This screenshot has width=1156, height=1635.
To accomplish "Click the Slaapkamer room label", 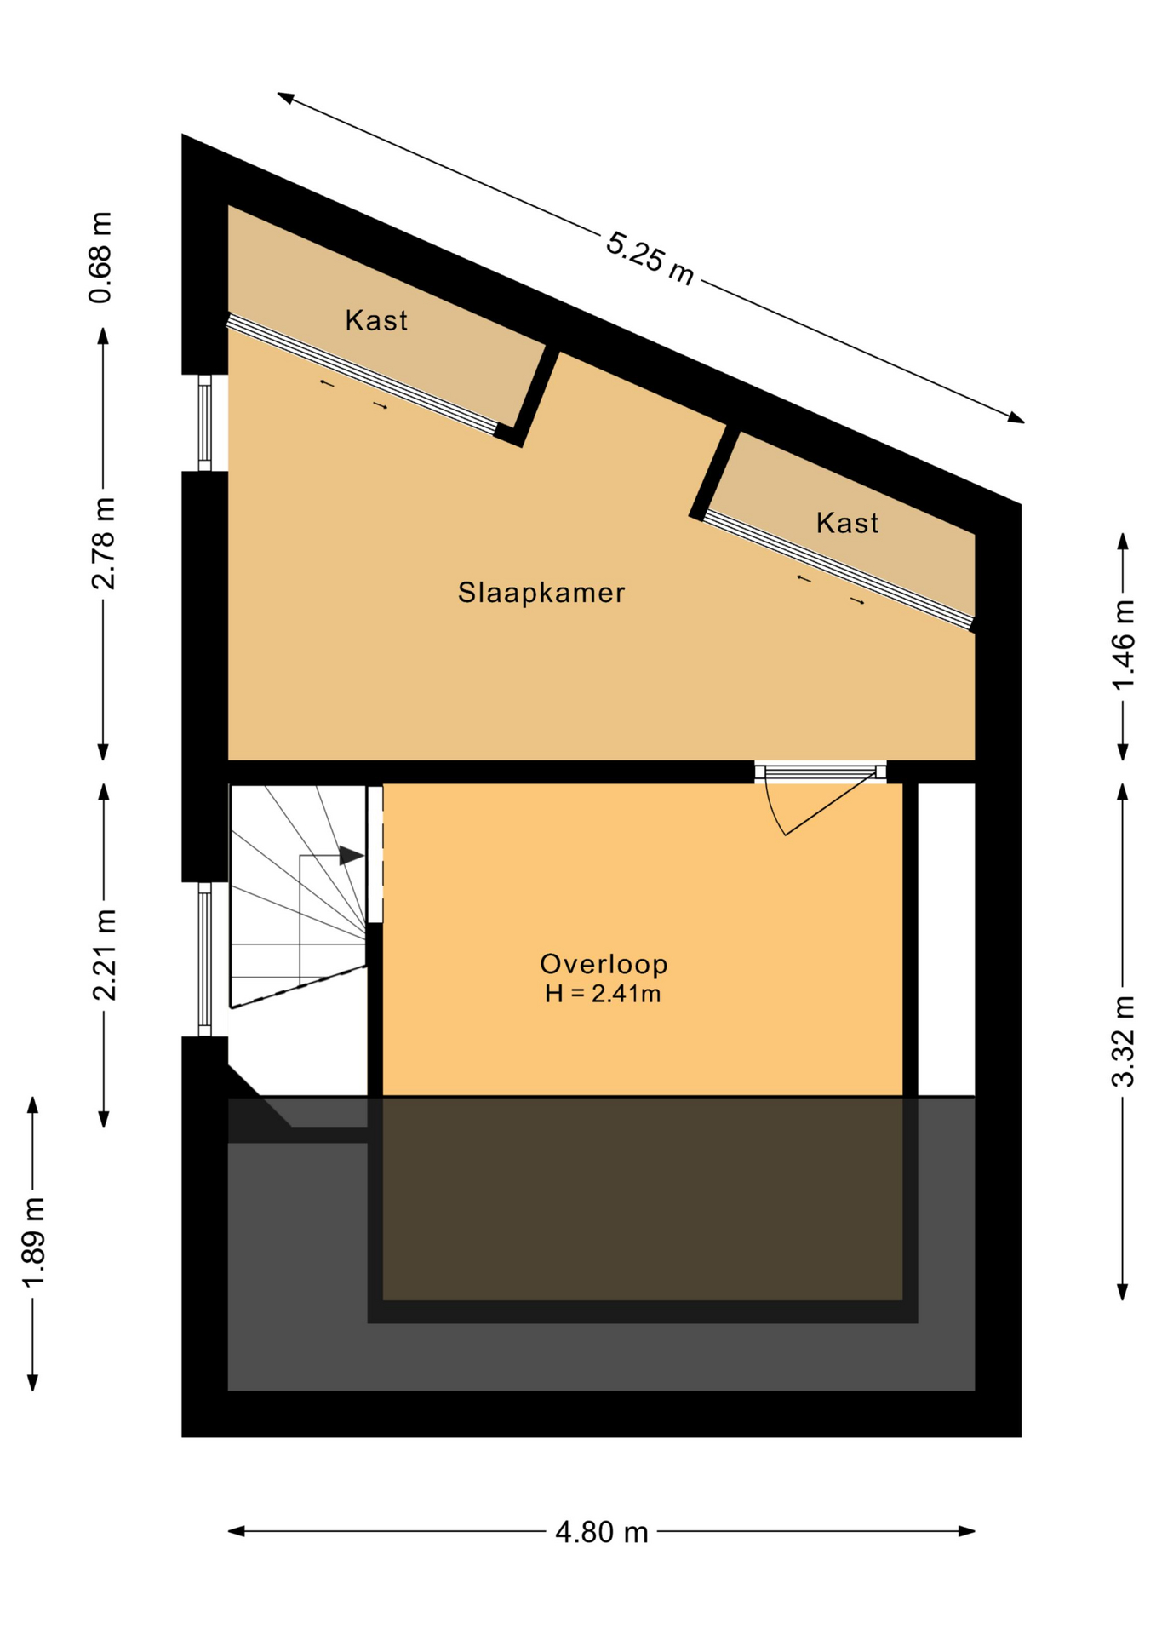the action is click(x=541, y=592).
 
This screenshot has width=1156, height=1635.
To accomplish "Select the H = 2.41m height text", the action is click(x=603, y=993).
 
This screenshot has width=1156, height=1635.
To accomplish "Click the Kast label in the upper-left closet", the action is click(x=376, y=320).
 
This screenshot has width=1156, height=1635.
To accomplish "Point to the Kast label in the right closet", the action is click(x=847, y=523).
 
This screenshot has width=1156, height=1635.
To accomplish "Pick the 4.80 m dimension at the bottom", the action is click(x=602, y=1533).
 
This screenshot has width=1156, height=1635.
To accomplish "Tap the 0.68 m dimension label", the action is click(x=101, y=257).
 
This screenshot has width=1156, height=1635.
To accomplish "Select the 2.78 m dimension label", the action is click(x=103, y=543).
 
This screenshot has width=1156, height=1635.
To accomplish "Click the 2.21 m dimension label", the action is click(x=104, y=955).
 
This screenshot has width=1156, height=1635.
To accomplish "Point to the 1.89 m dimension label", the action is click(x=32, y=1244).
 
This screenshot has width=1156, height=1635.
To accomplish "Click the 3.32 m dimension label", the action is click(x=1123, y=1041).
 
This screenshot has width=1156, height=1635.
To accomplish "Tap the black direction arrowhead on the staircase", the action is click(x=351, y=856).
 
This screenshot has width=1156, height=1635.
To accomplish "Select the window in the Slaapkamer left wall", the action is click(x=204, y=422).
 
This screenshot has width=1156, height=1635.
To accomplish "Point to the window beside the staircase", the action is click(x=204, y=959).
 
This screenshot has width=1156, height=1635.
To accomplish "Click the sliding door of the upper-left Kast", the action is click(x=363, y=375).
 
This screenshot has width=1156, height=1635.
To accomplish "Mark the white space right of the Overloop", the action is click(x=946, y=939).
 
